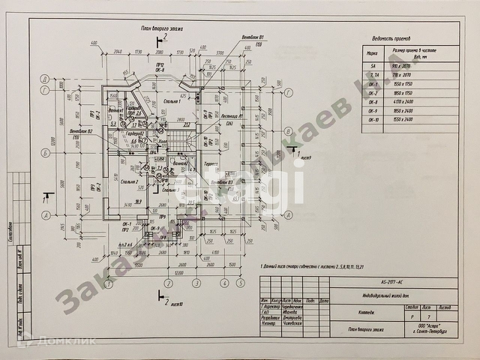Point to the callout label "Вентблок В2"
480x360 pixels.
[x=80, y=132]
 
